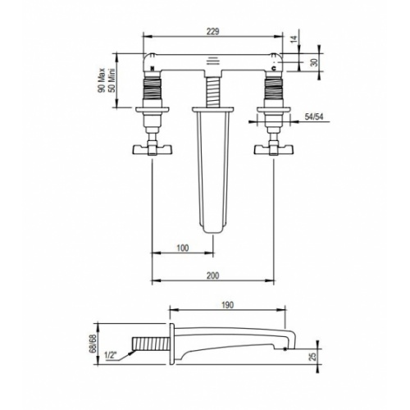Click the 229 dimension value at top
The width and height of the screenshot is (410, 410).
[212, 31]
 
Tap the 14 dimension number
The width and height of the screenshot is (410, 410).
[294, 39]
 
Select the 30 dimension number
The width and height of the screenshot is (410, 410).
[315, 62]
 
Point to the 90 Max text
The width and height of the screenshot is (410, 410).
[102, 80]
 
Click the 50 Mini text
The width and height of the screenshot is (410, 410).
[112, 80]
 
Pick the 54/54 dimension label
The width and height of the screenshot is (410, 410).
[314, 116]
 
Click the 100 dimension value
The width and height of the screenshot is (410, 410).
[183, 248]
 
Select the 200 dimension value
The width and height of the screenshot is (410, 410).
[212, 276]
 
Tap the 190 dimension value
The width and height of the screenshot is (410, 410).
[227, 305]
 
